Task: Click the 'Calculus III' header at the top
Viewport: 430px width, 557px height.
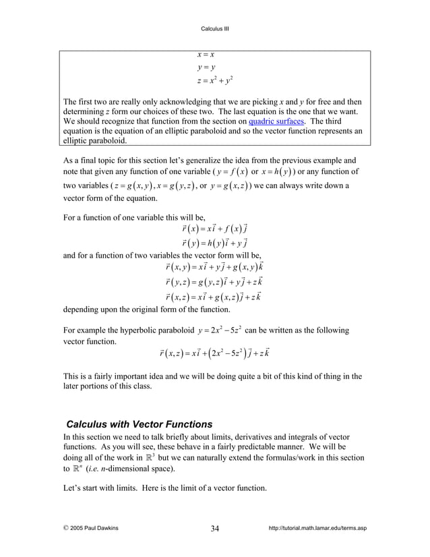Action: [216, 28]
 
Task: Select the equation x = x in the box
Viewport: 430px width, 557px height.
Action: [205, 54]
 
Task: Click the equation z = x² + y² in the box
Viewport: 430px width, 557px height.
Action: [214, 82]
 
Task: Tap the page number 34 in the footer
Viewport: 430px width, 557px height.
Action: [214, 528]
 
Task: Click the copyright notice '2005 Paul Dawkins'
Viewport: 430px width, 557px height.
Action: [90, 528]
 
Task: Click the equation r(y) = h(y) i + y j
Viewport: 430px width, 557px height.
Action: [214, 243]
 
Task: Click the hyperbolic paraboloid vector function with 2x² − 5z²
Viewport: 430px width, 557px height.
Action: [214, 353]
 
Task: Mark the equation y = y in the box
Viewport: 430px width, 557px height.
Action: [206, 67]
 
